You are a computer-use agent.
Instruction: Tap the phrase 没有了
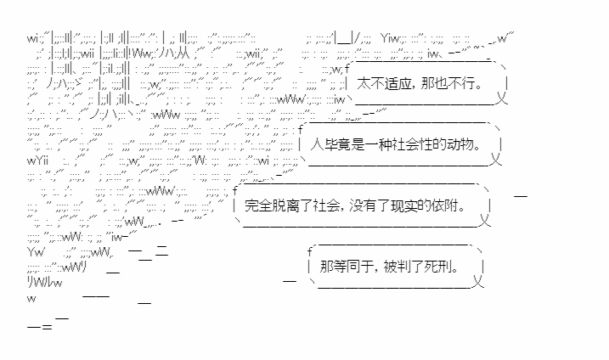pyautogui.click(x=381, y=205)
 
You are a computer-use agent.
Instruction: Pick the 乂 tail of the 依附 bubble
pyautogui.click(x=485, y=222)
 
